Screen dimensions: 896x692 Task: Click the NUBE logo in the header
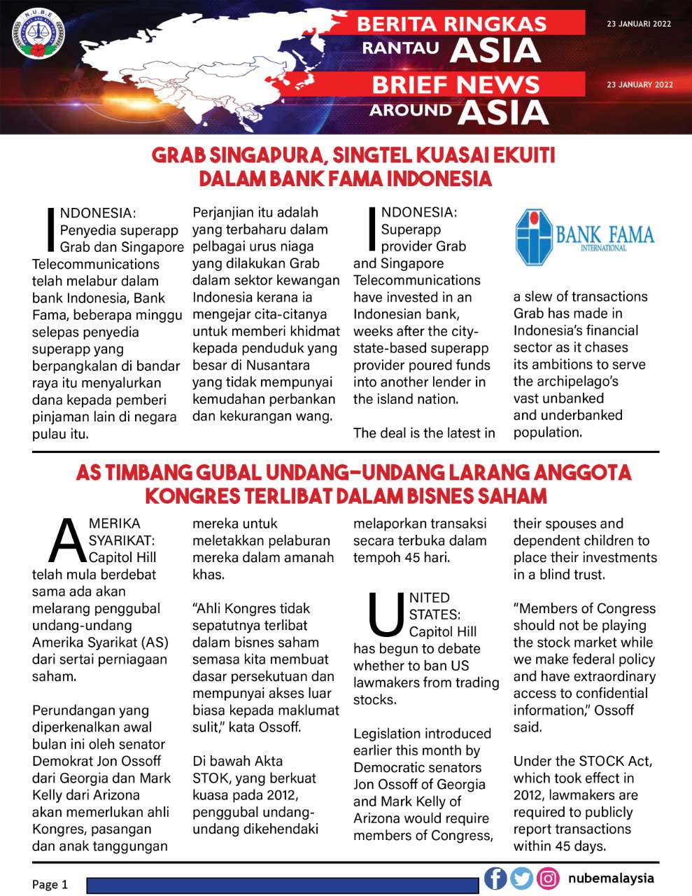point(38,34)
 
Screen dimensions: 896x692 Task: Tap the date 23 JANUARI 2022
point(639,24)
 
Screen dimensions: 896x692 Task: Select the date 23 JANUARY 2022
point(640,85)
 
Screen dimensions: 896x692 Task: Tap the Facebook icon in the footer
point(495,878)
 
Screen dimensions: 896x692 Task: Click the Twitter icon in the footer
point(521,878)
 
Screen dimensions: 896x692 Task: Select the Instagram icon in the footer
point(548,878)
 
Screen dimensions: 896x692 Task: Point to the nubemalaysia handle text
point(611,878)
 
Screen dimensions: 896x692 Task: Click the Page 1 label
point(50,884)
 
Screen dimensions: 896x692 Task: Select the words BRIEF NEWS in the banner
point(456,85)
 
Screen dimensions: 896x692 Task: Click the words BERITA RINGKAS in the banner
point(451,24)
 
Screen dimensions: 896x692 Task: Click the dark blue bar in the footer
point(283,885)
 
